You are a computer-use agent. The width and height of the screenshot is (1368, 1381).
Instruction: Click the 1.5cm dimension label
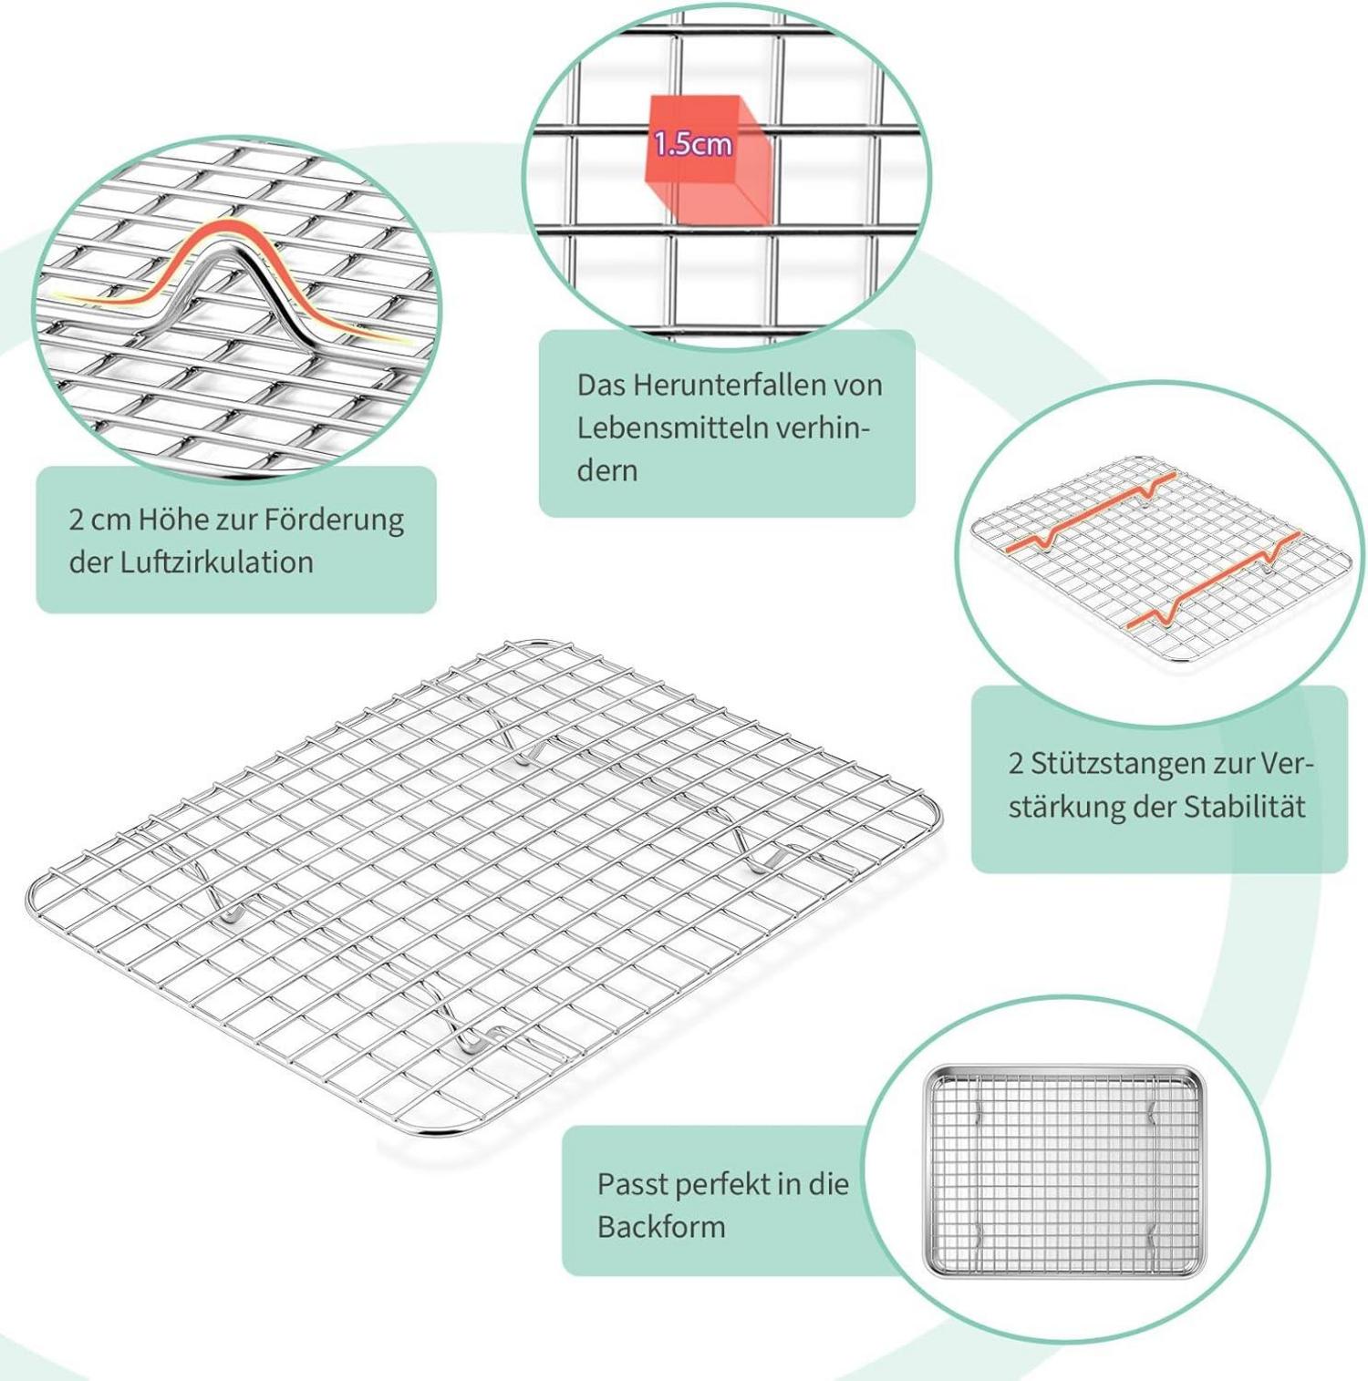pos(692,143)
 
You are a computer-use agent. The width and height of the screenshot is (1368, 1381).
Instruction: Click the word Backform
pos(661,1227)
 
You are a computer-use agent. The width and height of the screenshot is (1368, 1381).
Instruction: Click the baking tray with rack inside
pos(1064,1171)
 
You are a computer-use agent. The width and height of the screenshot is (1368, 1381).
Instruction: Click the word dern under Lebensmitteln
pos(606,471)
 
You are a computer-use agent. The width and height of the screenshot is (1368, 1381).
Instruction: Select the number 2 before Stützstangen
pos(1015,764)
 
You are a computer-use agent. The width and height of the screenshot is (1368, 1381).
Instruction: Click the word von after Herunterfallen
pos(854,386)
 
